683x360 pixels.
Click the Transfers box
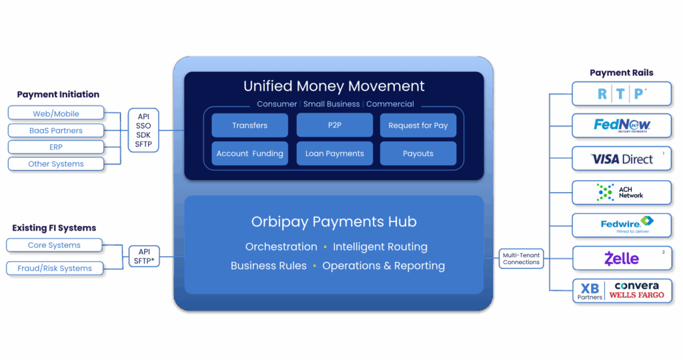pos(249,125)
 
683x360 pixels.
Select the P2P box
pos(334,125)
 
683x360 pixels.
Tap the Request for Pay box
pos(418,125)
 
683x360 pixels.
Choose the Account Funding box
pos(249,153)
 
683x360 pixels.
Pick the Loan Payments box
pos(334,153)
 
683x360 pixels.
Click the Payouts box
pos(418,153)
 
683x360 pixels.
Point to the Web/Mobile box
pos(56,113)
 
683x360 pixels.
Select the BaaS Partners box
pos(56,131)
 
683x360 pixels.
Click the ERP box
pos(56,147)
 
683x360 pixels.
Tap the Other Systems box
pos(56,163)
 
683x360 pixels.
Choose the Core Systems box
pos(54,245)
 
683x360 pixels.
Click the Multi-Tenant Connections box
pos(521,258)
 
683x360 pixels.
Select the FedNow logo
pos(622,125)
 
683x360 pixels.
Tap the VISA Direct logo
pos(622,159)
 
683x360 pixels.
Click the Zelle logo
pos(622,258)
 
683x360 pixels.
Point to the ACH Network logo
pos(622,192)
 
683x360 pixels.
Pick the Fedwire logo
pos(622,225)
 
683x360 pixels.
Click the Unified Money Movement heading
pos(333,86)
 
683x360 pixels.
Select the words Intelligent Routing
pos(380,247)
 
